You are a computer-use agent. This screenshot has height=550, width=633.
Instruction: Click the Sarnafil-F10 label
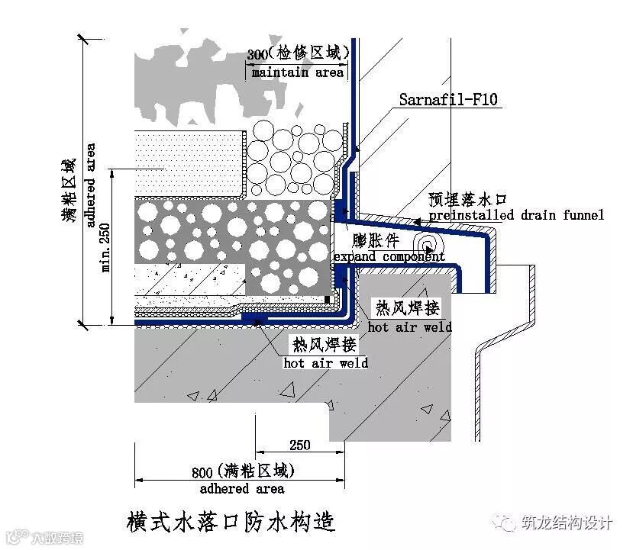pyautogui.click(x=449, y=99)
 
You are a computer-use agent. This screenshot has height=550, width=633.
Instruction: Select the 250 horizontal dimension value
pyautogui.click(x=300, y=445)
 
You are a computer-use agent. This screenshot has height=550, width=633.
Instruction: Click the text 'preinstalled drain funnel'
pyautogui.click(x=516, y=215)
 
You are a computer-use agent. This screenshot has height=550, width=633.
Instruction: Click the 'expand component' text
pyautogui.click(x=389, y=256)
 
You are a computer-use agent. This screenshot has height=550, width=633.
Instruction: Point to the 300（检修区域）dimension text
pyautogui.click(x=298, y=54)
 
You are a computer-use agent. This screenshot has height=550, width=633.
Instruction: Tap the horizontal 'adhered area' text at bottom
pyautogui.click(x=242, y=488)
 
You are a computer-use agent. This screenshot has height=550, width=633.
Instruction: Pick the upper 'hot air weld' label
pyautogui.click(x=409, y=326)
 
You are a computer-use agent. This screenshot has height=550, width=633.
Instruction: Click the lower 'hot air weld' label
pyautogui.click(x=325, y=362)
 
